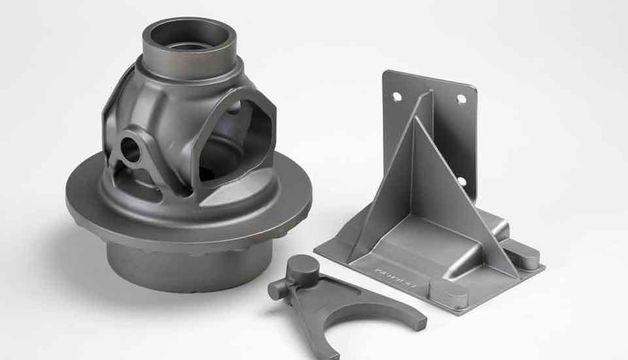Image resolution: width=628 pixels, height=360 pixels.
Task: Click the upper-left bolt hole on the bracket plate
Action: click(x=397, y=96)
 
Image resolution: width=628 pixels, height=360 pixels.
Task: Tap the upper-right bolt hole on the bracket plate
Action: click(x=461, y=99)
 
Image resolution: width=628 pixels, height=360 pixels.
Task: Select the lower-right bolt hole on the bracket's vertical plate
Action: click(x=462, y=181)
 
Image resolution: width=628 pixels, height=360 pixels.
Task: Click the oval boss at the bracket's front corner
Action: click(x=449, y=293)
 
